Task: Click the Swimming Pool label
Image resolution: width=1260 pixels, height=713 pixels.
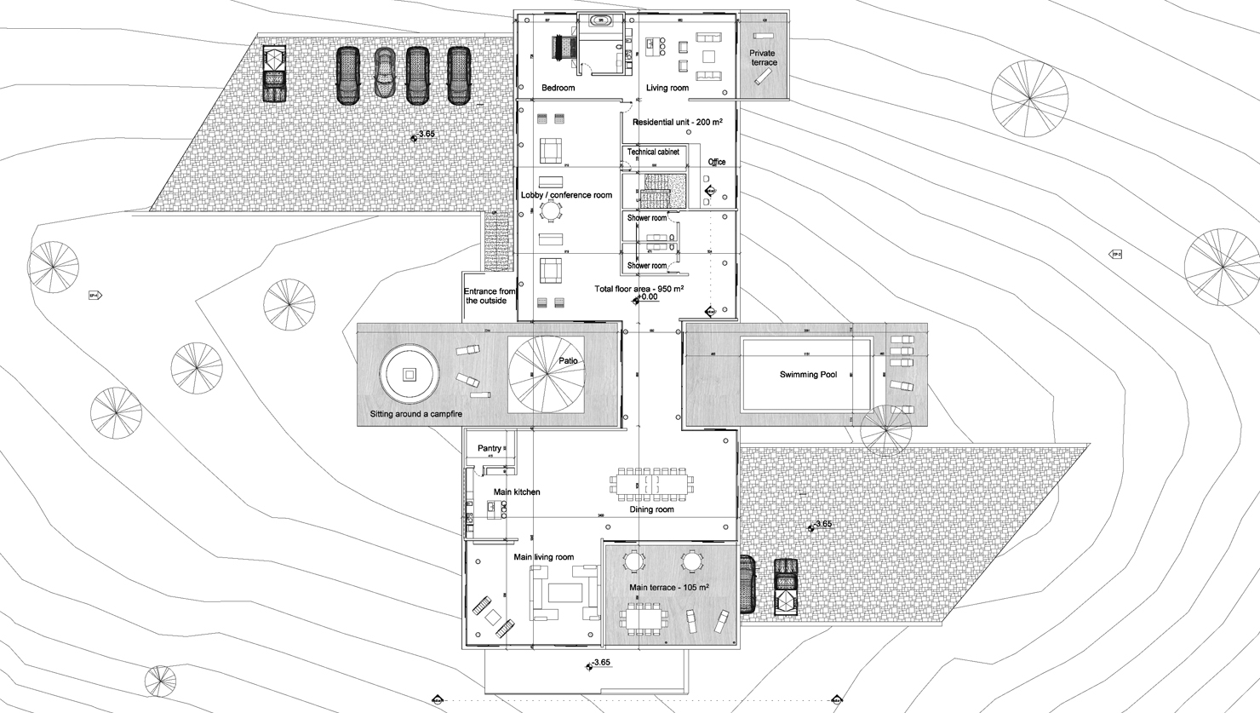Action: pos(808,375)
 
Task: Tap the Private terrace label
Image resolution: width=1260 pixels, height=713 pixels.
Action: pos(763,58)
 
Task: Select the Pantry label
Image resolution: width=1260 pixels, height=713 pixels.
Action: pos(490,449)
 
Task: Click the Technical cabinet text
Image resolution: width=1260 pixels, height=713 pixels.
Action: pos(653,152)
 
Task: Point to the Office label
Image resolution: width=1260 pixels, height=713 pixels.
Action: pos(717,162)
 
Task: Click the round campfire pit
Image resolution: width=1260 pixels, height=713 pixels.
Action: pos(409,375)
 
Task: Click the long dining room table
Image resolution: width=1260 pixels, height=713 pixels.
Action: pos(652,483)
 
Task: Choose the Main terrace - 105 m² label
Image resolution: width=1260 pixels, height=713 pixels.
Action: pos(669,588)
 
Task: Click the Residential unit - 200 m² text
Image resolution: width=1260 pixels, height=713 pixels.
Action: pos(677,123)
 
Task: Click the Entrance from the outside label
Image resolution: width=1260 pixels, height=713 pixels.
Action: pos(490,296)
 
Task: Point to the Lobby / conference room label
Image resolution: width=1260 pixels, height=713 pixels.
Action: pos(566,195)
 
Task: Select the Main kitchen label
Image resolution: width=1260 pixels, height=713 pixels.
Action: pos(517,492)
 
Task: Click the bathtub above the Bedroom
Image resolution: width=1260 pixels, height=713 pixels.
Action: pos(601,20)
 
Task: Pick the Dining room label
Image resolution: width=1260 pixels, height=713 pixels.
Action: pos(651,509)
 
